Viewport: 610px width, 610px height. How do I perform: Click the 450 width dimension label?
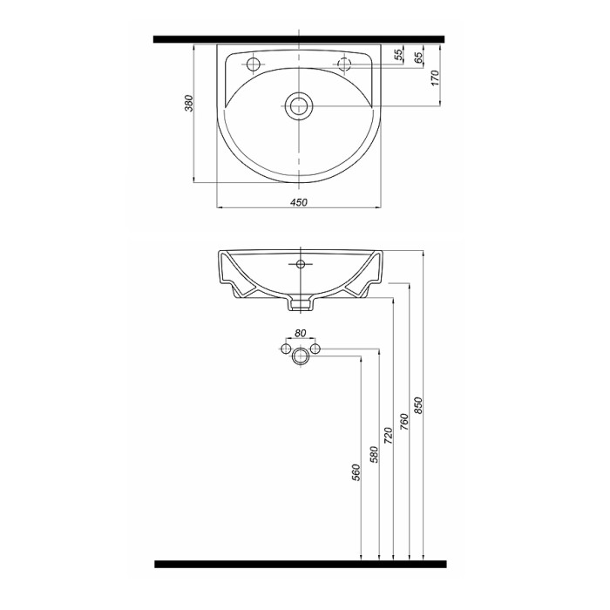tap(298, 202)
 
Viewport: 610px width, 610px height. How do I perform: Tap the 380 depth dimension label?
tap(189, 103)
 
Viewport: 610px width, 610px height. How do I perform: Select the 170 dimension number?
tap(435, 78)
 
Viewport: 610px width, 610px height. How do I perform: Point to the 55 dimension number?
tap(398, 55)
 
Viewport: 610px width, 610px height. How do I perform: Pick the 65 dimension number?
tap(418, 58)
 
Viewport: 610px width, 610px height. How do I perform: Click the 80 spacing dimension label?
tap(301, 333)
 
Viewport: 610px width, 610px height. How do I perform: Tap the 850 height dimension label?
tap(417, 405)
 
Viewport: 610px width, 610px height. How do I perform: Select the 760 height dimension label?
tap(403, 422)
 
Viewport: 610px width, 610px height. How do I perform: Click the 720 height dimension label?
tap(389, 436)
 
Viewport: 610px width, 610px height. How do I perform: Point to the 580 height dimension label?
tap(374, 455)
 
